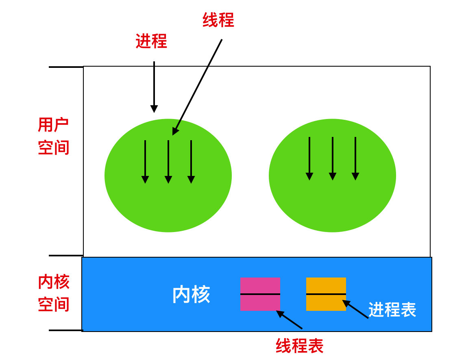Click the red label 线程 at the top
click(x=218, y=20)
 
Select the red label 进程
click(x=151, y=41)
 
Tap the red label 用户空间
click(x=53, y=137)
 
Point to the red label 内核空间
click(x=53, y=293)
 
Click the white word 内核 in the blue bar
click(x=191, y=295)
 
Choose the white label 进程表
click(x=392, y=310)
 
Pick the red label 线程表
click(x=299, y=346)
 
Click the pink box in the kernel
click(x=260, y=284)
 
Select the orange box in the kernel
click(x=326, y=284)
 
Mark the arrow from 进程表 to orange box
click(x=355, y=309)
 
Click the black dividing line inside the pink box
click(x=260, y=294)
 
